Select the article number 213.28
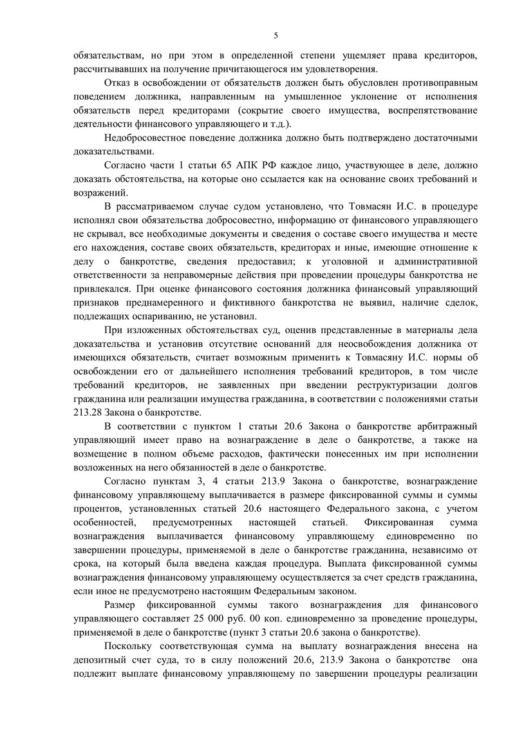(90, 413)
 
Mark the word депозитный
(100, 661)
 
